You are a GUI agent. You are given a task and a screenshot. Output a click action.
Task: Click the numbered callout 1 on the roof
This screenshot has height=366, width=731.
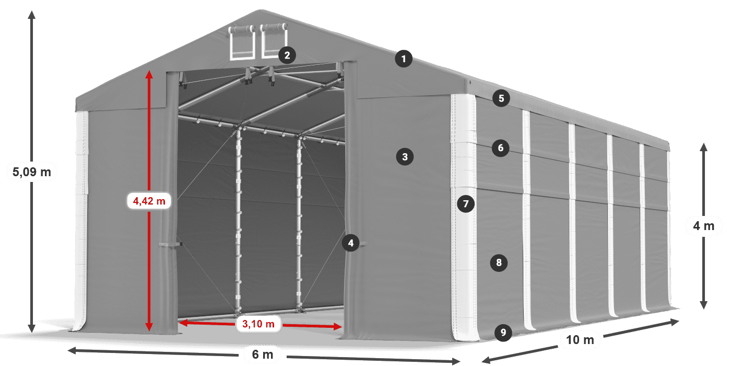coord(404,59)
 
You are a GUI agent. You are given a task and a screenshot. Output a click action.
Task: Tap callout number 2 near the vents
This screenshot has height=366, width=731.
coord(287,55)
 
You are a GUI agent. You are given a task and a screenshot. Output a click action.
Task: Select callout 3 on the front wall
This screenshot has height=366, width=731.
coord(405,157)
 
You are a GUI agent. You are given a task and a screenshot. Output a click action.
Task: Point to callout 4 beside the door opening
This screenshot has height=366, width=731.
coord(351,243)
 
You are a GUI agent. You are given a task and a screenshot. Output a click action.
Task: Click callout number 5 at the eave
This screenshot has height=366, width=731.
coord(501,98)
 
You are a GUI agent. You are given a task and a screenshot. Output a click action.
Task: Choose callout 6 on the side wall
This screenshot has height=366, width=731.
coord(501,148)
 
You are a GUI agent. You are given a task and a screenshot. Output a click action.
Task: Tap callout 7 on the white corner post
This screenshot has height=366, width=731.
coord(466,204)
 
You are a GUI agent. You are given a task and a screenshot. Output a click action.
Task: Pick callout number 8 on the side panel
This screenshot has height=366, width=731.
coord(499,262)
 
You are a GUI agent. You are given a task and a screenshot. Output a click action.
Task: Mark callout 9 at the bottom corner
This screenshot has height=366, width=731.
coord(503,333)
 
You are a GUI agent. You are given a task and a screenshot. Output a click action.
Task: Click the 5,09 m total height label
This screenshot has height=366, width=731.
coord(32,172)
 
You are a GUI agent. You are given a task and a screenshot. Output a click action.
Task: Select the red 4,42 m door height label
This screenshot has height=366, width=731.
coord(149,201)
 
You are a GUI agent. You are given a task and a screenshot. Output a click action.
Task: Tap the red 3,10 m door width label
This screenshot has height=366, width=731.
coord(258,324)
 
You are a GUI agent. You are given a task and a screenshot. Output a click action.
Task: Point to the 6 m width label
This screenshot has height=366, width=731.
coord(262,354)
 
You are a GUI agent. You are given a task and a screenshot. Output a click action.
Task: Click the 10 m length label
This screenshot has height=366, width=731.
coord(580,340)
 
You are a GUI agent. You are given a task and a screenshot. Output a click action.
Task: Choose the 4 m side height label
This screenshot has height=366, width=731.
coord(704,226)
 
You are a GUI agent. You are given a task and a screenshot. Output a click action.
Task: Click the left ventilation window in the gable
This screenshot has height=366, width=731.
coord(242,43)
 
